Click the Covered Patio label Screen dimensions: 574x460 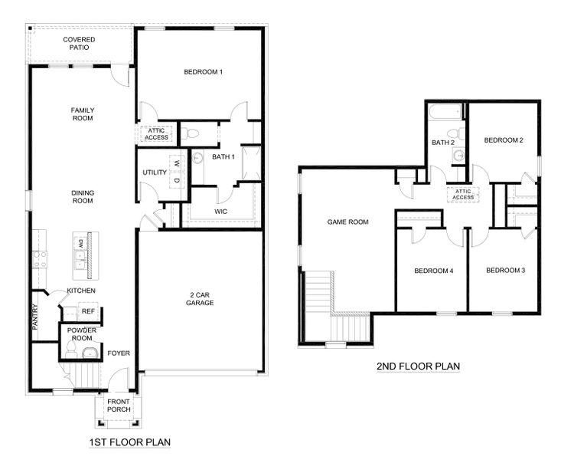click(79, 43)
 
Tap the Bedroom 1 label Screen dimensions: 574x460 click(203, 72)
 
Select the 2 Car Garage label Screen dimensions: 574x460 click(200, 298)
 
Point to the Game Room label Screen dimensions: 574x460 click(347, 222)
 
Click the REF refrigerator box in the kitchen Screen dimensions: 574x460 click(88, 311)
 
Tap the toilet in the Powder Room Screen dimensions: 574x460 click(71, 350)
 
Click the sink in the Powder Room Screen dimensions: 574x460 click(90, 353)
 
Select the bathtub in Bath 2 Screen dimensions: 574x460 click(445, 112)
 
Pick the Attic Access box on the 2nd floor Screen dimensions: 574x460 click(463, 194)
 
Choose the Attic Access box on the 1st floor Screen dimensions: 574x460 click(156, 134)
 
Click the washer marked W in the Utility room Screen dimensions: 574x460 click(178, 163)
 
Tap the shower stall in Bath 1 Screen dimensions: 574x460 click(252, 163)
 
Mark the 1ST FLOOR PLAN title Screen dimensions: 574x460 click(130, 442)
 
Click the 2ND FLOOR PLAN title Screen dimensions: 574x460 click(419, 366)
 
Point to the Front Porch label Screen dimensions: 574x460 click(119, 406)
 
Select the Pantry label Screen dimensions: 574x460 click(35, 317)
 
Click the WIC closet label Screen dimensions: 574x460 click(220, 212)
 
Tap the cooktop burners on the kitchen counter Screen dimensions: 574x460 click(40, 259)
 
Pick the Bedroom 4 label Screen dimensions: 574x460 click(434, 271)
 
